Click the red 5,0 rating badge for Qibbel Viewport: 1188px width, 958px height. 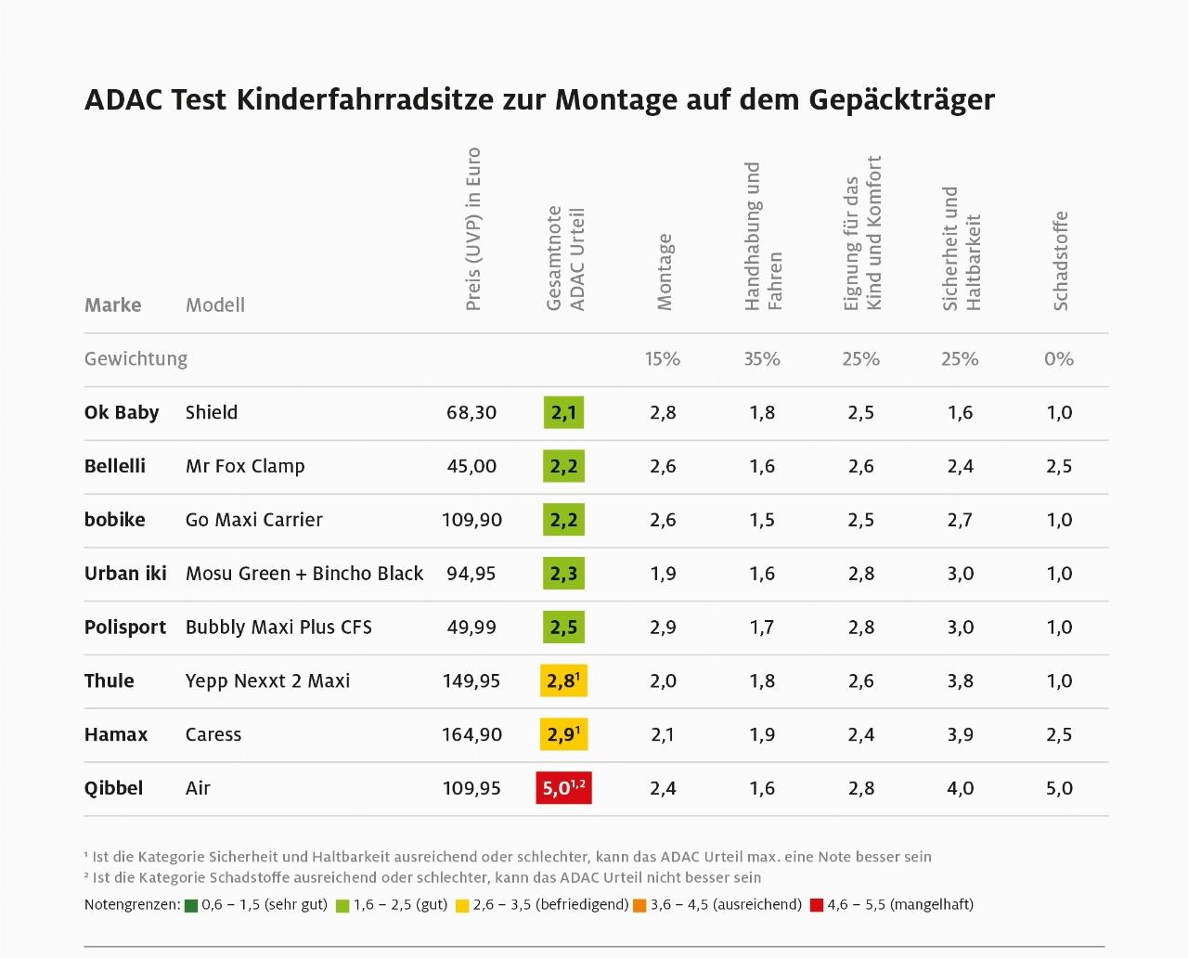pyautogui.click(x=563, y=788)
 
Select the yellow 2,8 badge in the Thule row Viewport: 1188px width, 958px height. pyautogui.click(x=563, y=680)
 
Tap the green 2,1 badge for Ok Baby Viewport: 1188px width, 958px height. pyautogui.click(x=563, y=412)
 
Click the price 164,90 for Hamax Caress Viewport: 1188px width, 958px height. pyautogui.click(x=471, y=734)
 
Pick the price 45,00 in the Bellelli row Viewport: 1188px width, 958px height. pyautogui.click(x=471, y=466)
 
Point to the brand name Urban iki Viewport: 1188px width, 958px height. pyautogui.click(x=125, y=573)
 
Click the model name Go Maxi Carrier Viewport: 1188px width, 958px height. pyautogui.click(x=254, y=520)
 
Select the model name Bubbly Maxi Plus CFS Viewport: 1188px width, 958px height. pyautogui.click(x=278, y=627)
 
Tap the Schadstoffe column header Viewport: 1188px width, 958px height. pyautogui.click(x=1061, y=261)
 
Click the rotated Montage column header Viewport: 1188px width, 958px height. pyautogui.click(x=664, y=271)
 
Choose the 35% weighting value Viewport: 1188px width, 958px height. pyautogui.click(x=762, y=359)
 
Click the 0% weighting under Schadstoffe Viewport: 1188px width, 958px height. pyautogui.click(x=1059, y=359)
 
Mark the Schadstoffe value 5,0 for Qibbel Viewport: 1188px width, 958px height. pyautogui.click(x=1059, y=788)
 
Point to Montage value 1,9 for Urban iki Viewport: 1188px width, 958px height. pyautogui.click(x=663, y=573)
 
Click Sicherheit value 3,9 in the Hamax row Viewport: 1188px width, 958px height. pyautogui.click(x=960, y=734)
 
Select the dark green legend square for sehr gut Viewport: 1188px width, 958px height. pyautogui.click(x=191, y=905)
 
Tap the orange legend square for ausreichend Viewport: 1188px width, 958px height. pyautogui.click(x=639, y=905)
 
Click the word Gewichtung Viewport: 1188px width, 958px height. pyautogui.click(x=136, y=359)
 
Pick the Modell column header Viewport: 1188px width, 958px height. pyautogui.click(x=215, y=305)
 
